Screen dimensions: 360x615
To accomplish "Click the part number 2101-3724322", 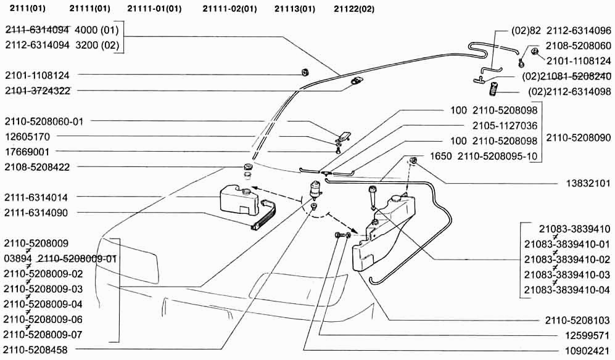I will tap(38, 91).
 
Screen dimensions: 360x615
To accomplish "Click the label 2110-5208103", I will tap(577, 321).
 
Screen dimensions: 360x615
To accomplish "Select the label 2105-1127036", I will tap(505, 126).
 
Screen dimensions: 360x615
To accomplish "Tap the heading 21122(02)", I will tap(353, 9).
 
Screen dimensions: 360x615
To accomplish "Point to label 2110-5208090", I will tap(577, 137).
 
